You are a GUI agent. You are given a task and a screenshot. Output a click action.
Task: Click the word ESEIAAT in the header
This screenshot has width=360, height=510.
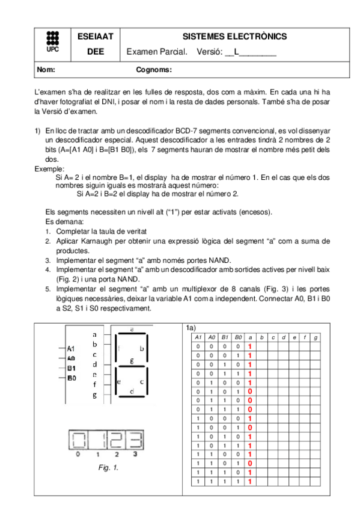click(x=91, y=37)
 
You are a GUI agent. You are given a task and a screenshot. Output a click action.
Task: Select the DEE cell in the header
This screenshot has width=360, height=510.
click(x=91, y=52)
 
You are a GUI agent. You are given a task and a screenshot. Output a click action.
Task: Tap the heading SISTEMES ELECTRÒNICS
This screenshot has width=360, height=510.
click(x=234, y=37)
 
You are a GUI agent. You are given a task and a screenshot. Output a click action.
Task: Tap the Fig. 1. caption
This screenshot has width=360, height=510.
click(x=108, y=467)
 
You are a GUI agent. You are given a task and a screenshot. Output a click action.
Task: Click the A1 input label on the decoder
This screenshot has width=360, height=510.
click(x=71, y=348)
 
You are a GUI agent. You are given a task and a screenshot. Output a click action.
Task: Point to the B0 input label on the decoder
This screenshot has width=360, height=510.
click(x=71, y=378)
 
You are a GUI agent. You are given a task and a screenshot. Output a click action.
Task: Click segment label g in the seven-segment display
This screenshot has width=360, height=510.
click(x=132, y=361)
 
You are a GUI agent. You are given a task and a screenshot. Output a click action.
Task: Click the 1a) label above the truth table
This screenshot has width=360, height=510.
click(x=191, y=328)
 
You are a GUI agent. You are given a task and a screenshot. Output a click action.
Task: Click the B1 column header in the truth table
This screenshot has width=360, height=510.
click(x=224, y=338)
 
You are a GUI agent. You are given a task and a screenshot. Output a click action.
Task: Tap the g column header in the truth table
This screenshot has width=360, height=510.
click(x=316, y=338)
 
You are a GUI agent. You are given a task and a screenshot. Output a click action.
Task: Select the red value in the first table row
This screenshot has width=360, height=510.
click(x=249, y=347)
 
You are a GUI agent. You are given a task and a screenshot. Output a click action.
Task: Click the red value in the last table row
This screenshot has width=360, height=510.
click(x=249, y=482)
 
